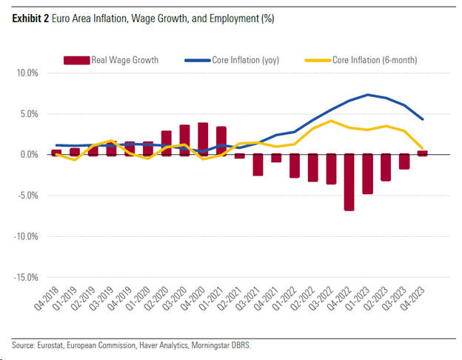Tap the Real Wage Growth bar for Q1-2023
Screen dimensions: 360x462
[368, 174]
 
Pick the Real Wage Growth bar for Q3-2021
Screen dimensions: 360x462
[258, 165]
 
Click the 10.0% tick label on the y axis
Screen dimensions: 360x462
[27, 73]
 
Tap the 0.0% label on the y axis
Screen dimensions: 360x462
[29, 155]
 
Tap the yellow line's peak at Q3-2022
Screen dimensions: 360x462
[331, 121]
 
